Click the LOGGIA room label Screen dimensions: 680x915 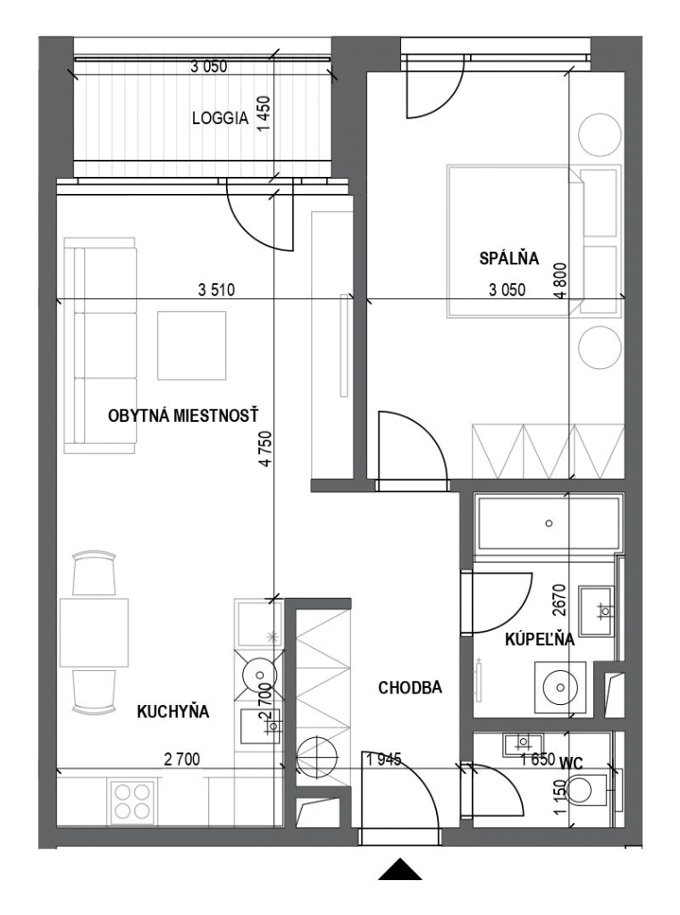coord(220,118)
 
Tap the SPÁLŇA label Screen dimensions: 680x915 coord(509,258)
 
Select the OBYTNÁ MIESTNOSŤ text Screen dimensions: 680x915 coord(183,416)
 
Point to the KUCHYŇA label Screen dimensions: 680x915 coord(172,711)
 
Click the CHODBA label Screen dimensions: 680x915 coord(410,688)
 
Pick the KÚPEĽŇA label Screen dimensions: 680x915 coord(540,640)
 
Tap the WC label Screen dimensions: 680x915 coord(571,763)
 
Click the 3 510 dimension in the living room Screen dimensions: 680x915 coord(216,290)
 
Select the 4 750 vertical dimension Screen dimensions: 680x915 coord(265,449)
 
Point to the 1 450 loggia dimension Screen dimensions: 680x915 coord(264,113)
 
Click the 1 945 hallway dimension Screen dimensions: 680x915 coord(384,760)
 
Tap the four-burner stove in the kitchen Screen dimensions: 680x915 coord(132,802)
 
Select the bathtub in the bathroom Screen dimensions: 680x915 coord(548,523)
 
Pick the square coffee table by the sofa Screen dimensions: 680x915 coord(191,345)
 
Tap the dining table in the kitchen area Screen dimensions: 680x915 coord(94,633)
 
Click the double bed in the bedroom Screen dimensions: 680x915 coord(516,241)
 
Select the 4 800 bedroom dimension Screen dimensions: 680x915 coord(560,281)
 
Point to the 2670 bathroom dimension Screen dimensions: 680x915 coord(559,600)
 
